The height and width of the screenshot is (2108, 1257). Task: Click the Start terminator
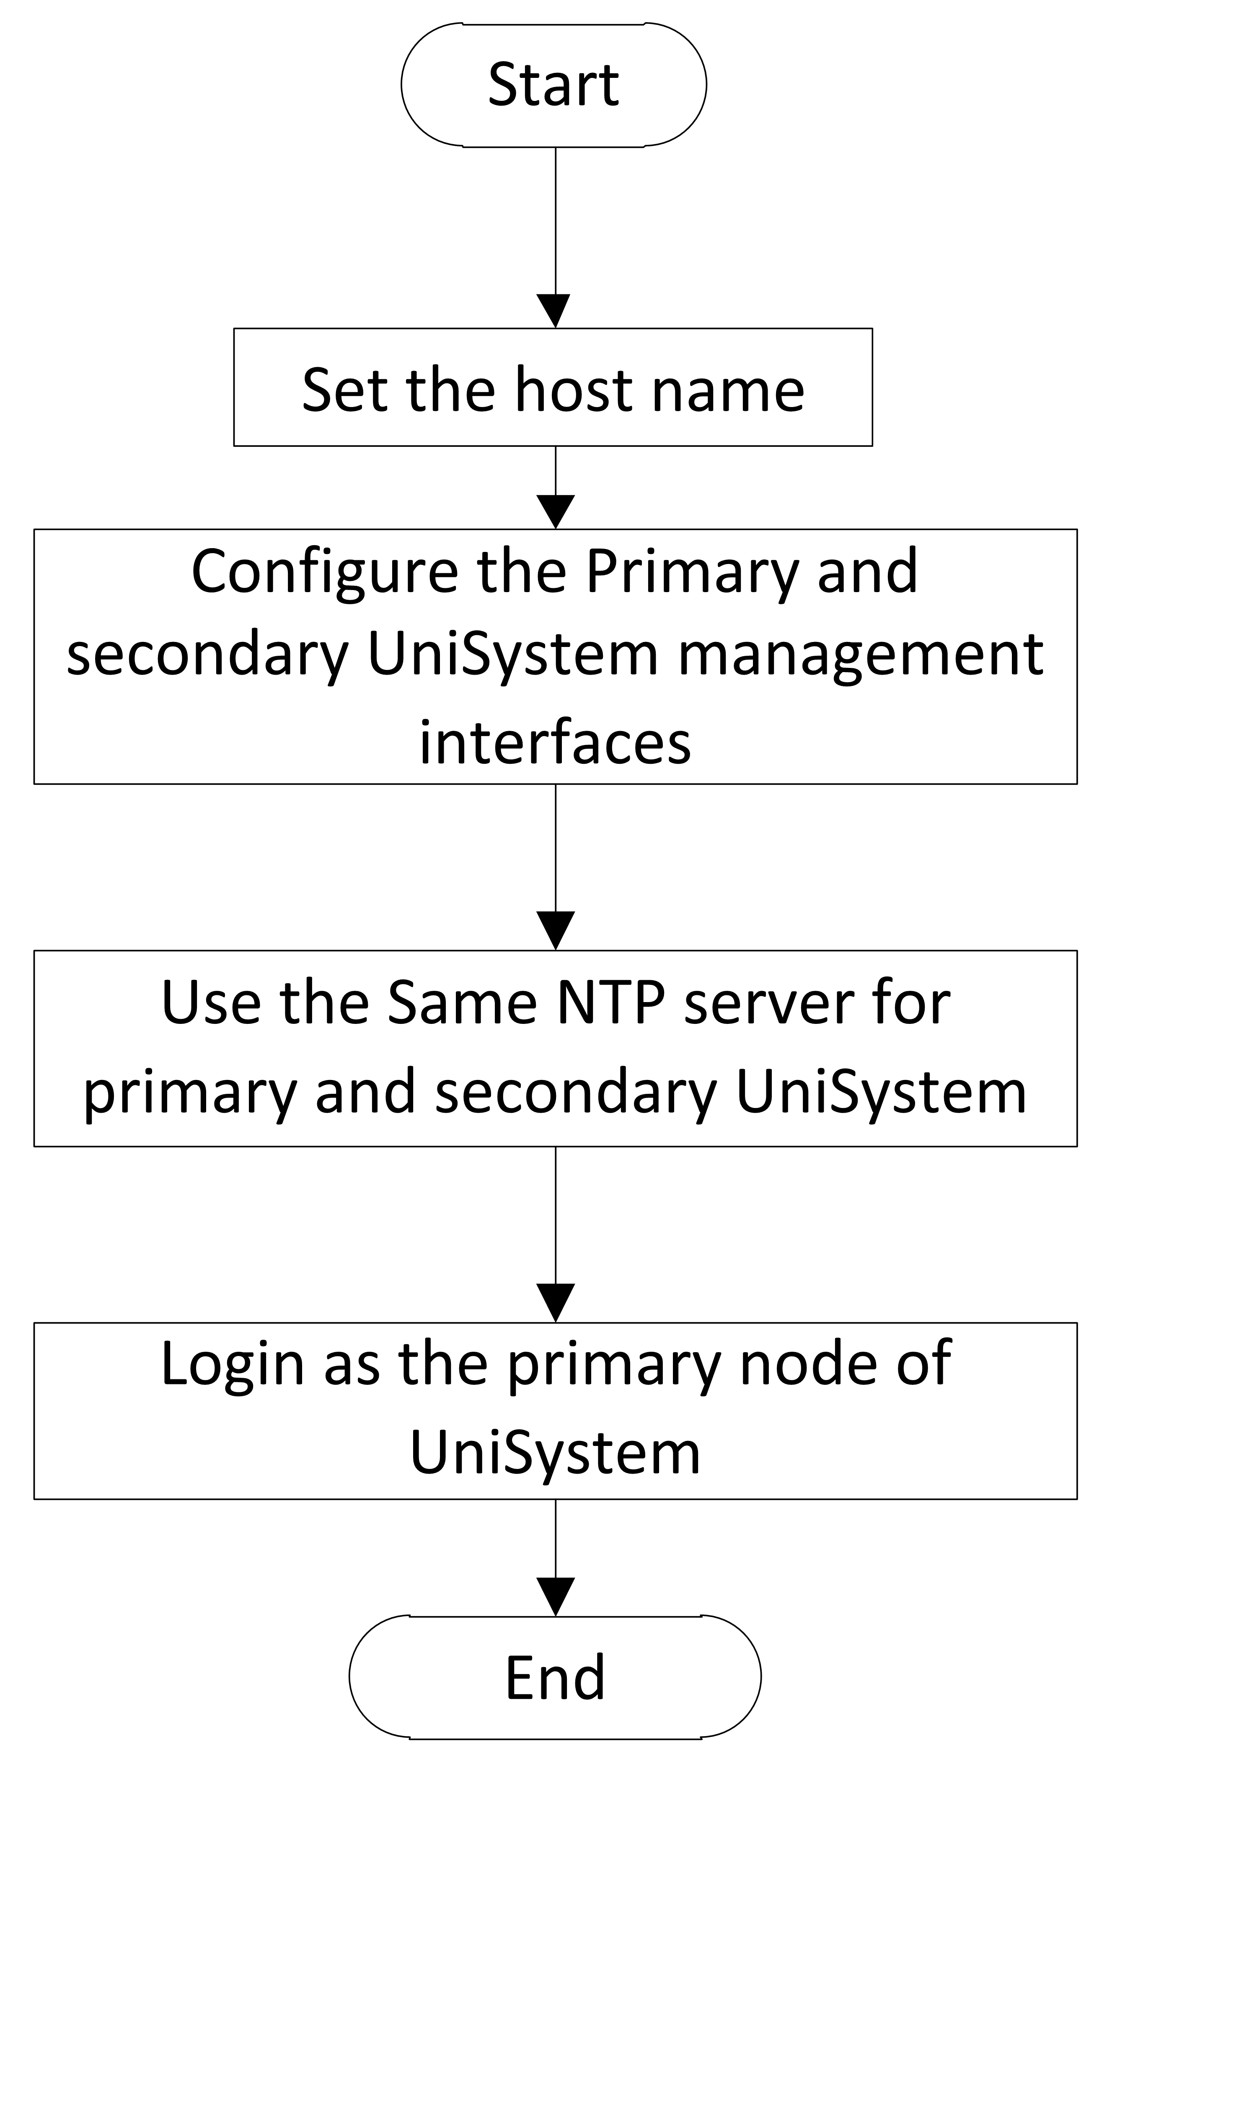coord(554,85)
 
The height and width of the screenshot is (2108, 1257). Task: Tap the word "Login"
coord(232,1364)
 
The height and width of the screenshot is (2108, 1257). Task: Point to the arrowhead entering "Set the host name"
coord(555,311)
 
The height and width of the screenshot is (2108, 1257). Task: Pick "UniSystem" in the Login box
coord(555,1453)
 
